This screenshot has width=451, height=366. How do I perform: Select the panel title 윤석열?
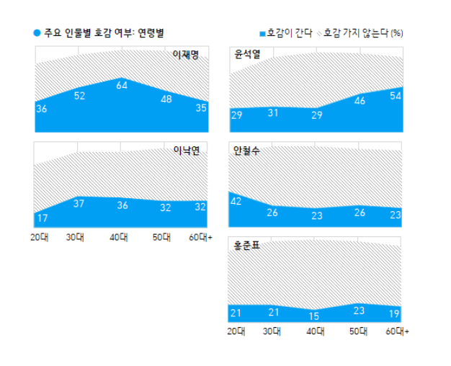[244, 54]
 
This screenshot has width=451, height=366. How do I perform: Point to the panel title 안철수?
[244, 151]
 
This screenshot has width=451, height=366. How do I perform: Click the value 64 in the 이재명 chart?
[122, 85]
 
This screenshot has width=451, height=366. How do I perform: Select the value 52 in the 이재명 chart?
[80, 96]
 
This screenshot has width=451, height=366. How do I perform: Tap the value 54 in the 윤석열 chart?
[395, 97]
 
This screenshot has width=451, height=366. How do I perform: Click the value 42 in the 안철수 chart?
[236, 202]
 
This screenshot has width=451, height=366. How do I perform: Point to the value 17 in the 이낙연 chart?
[42, 218]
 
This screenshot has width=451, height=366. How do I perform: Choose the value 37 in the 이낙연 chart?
[79, 203]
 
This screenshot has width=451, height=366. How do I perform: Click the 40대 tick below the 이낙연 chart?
[120, 237]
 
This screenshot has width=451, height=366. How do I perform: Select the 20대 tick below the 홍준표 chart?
[236, 331]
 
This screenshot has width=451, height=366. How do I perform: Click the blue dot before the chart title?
[37, 33]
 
